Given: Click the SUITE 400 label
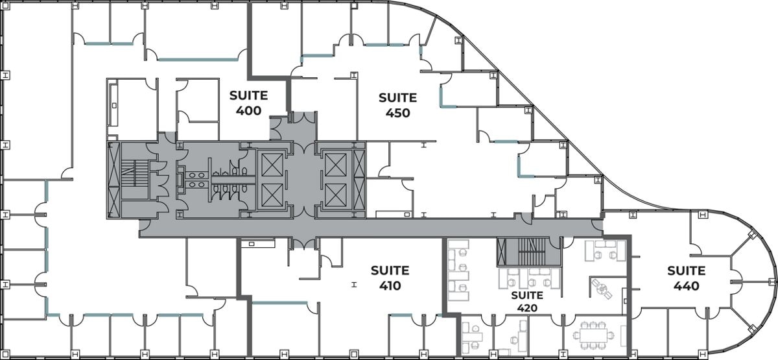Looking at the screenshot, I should (x=248, y=103).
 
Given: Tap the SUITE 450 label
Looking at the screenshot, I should (x=397, y=104).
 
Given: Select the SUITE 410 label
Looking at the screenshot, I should (x=390, y=278).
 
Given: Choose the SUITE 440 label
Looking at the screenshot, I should (x=687, y=278).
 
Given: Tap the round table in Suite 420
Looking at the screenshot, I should (x=602, y=287).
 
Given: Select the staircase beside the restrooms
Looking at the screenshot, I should (x=133, y=178).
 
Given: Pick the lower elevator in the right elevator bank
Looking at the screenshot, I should (x=336, y=193).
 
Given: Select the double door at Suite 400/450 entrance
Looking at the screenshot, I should (x=300, y=118).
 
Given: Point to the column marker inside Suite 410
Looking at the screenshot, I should (x=353, y=284).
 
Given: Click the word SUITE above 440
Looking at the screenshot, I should (x=687, y=270).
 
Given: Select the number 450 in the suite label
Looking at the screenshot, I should (x=397, y=112).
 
